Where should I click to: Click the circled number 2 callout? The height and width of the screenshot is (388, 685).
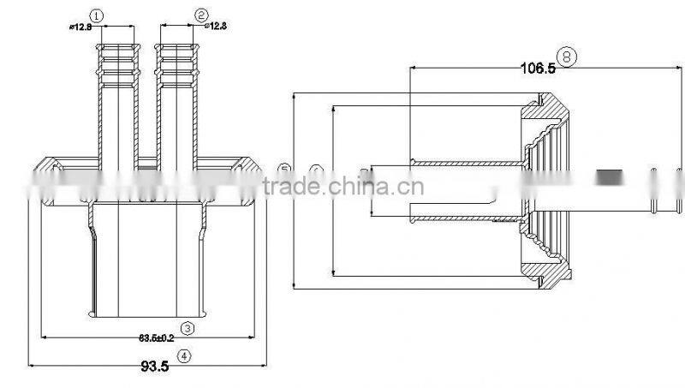(x=201, y=15)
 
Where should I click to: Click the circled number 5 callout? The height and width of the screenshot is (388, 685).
(x=285, y=169)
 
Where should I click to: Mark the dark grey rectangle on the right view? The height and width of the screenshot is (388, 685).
(x=610, y=176)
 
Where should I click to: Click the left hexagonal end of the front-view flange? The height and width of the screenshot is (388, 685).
(x=44, y=182)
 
